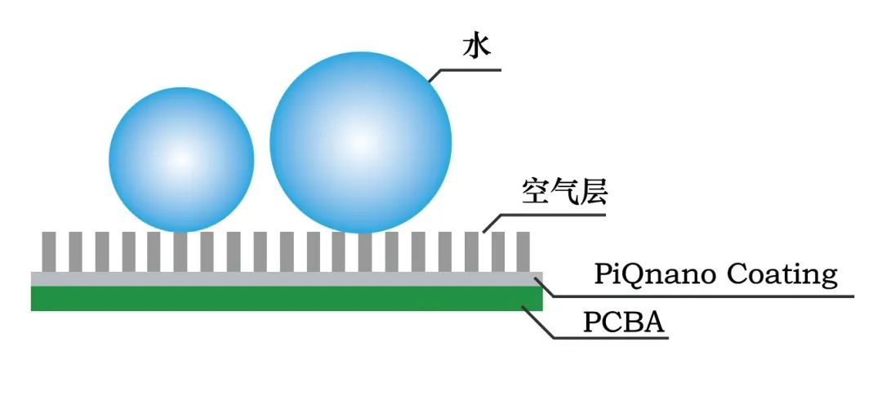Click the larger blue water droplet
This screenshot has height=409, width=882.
click(360, 143)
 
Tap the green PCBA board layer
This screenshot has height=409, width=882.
click(286, 299)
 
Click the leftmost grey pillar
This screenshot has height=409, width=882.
click(49, 251)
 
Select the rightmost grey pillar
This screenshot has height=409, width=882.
click(523, 251)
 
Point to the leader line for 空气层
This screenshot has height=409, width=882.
click(547, 216)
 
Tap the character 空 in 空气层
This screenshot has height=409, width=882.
click(535, 193)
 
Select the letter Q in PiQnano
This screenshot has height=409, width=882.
click(633, 274)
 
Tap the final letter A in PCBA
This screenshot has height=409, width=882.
click(655, 323)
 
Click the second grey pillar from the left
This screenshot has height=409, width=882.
click(75, 251)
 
